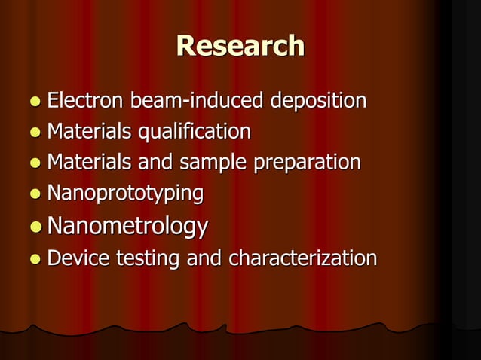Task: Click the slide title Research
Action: [240, 47]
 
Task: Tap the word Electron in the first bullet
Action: [86, 100]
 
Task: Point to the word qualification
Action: [192, 132]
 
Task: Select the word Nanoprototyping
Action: [125, 194]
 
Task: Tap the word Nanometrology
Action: [127, 226]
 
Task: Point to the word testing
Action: [148, 258]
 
